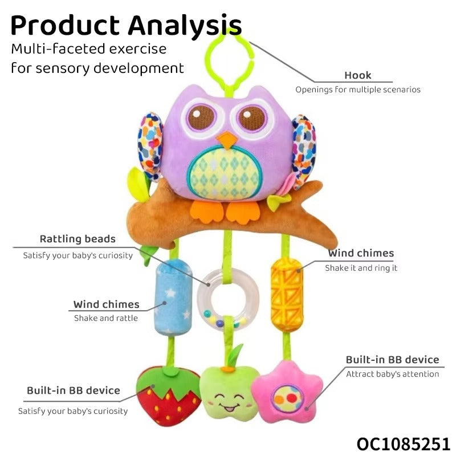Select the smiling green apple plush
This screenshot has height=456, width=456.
pyautogui.click(x=227, y=393)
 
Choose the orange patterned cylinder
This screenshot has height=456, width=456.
pyautogui.click(x=286, y=295)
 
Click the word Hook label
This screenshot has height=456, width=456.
pyautogui.click(x=357, y=75)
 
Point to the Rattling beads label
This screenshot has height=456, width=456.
pyautogui.click(x=78, y=239)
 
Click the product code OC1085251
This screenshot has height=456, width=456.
pyautogui.click(x=404, y=443)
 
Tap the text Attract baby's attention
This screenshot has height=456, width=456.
pyautogui.click(x=392, y=374)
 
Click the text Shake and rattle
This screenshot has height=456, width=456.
pyautogui.click(x=105, y=318)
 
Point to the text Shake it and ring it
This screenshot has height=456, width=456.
pyautogui.click(x=361, y=267)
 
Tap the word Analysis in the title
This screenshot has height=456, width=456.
pyautogui.click(x=185, y=26)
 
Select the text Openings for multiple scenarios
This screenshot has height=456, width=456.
pyautogui.click(x=357, y=89)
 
